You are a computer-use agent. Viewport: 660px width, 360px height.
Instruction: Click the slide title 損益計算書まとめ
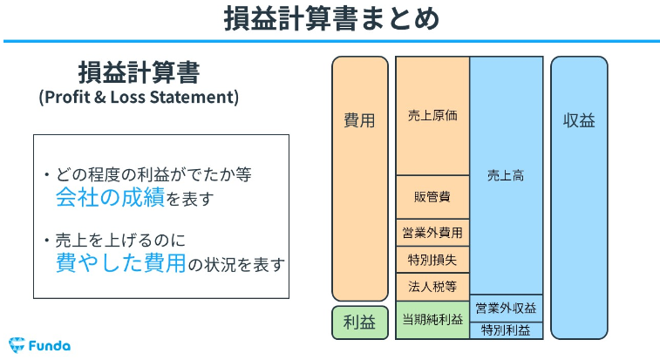(x=331, y=19)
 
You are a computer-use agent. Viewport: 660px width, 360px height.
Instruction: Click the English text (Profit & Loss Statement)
(x=139, y=98)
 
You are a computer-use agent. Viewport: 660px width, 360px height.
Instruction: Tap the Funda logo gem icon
(x=17, y=345)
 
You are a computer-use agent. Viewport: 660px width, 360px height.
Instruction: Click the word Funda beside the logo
(x=50, y=346)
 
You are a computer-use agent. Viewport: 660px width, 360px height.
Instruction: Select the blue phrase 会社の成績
(x=110, y=197)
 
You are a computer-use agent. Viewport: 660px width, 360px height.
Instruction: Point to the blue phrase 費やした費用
(x=121, y=262)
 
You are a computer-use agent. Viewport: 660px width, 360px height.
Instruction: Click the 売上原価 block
(x=432, y=116)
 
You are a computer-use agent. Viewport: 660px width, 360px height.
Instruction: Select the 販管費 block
(x=432, y=197)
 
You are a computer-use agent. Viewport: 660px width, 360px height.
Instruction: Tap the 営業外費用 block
(x=432, y=233)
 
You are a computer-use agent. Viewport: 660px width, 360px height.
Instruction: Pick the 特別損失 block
(x=432, y=260)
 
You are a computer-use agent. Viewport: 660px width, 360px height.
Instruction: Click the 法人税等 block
(x=432, y=287)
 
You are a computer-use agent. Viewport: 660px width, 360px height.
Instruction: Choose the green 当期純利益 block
(x=432, y=320)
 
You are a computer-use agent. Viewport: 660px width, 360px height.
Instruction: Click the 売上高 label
(x=506, y=175)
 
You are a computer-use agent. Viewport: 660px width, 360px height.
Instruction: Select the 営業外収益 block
(x=507, y=309)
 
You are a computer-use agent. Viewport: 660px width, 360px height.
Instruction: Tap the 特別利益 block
(x=507, y=330)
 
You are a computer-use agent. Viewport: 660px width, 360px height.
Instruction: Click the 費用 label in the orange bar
(x=359, y=121)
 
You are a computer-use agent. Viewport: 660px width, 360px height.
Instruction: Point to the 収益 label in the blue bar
(x=579, y=121)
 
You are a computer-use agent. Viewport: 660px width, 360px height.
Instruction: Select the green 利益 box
(x=360, y=323)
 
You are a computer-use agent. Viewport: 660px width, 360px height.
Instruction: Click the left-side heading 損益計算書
(x=139, y=72)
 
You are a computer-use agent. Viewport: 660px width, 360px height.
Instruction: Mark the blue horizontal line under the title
(x=331, y=41)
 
